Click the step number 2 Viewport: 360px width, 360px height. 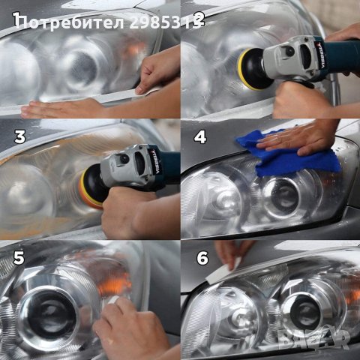click(x=199, y=18)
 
